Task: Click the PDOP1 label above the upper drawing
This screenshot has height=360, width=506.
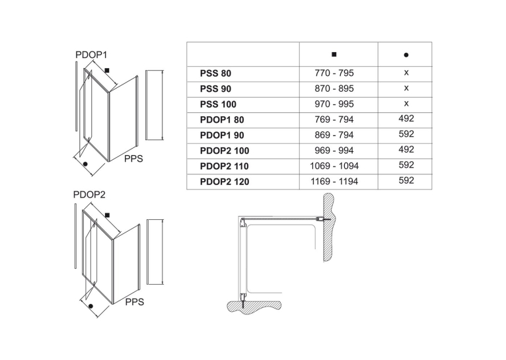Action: pyautogui.click(x=91, y=55)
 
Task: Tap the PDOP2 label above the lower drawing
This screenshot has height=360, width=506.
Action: pyautogui.click(x=89, y=195)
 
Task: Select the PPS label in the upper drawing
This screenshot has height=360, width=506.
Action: pyautogui.click(x=133, y=159)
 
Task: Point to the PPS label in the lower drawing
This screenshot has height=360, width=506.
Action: pyautogui.click(x=135, y=302)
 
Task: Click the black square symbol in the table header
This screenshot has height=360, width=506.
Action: pyautogui.click(x=334, y=54)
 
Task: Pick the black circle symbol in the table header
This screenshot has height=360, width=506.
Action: pyautogui.click(x=406, y=55)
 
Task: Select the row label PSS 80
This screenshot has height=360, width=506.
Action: pyautogui.click(x=215, y=73)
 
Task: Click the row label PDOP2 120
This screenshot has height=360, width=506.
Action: pyautogui.click(x=225, y=182)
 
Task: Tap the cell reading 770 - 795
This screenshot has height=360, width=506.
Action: pyautogui.click(x=334, y=73)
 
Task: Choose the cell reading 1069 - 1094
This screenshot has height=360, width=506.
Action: pyautogui.click(x=334, y=166)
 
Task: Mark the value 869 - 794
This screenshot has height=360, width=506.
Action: pyautogui.click(x=334, y=135)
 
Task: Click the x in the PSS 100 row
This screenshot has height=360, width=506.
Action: pyautogui.click(x=406, y=104)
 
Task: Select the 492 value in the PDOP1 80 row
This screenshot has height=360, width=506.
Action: pyautogui.click(x=406, y=119)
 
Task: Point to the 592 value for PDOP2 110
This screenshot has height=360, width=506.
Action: pyautogui.click(x=406, y=165)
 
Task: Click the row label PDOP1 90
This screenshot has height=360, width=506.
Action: pyautogui.click(x=222, y=135)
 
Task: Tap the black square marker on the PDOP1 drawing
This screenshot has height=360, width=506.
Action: pyautogui.click(x=107, y=71)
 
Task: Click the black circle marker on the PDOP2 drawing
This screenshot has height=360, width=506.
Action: pyautogui.click(x=90, y=306)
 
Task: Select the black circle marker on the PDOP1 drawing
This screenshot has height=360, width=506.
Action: pyautogui.click(x=85, y=164)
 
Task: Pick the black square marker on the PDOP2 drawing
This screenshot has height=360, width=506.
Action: pyautogui.click(x=108, y=215)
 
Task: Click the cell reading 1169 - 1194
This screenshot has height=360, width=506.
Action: pyautogui.click(x=334, y=182)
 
